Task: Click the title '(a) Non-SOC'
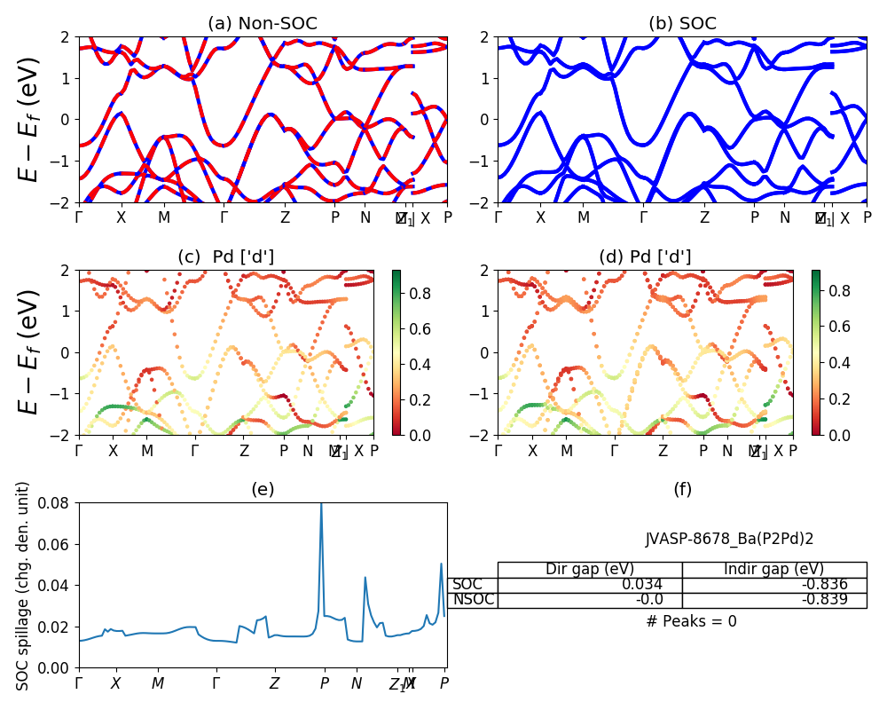point(263,24)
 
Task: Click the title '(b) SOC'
point(682,24)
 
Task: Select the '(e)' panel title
point(263,489)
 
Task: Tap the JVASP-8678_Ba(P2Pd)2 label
point(730,538)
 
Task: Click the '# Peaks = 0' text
point(691,621)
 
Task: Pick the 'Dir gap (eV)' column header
point(589,569)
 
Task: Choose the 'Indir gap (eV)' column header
point(773,569)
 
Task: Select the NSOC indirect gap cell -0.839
point(824,600)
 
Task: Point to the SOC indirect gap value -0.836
point(824,585)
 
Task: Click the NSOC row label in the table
point(474,600)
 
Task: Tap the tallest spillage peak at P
point(321,505)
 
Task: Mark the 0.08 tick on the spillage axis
point(59,502)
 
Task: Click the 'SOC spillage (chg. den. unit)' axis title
point(24,586)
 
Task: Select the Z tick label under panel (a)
point(285,217)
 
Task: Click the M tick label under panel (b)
point(584,217)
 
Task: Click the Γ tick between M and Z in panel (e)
point(216,683)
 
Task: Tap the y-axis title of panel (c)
point(29,352)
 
